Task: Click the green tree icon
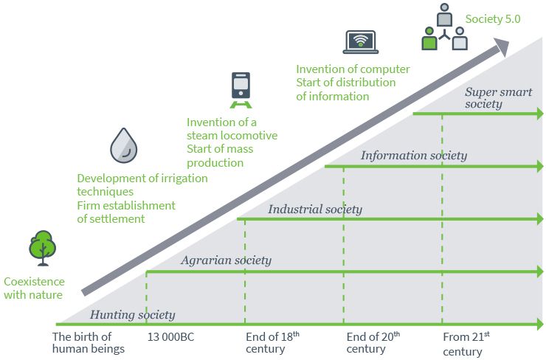tap(43, 248)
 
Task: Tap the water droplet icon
tap(123, 145)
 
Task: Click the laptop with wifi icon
tap(362, 42)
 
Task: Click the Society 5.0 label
tap(493, 19)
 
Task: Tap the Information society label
tap(413, 156)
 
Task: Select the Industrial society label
tap(315, 210)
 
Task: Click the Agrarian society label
tap(226, 260)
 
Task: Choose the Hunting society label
tap(133, 315)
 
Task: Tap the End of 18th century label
tap(272, 342)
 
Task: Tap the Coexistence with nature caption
tap(34, 288)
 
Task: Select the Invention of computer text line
tap(353, 69)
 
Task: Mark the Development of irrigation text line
tap(142, 179)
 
